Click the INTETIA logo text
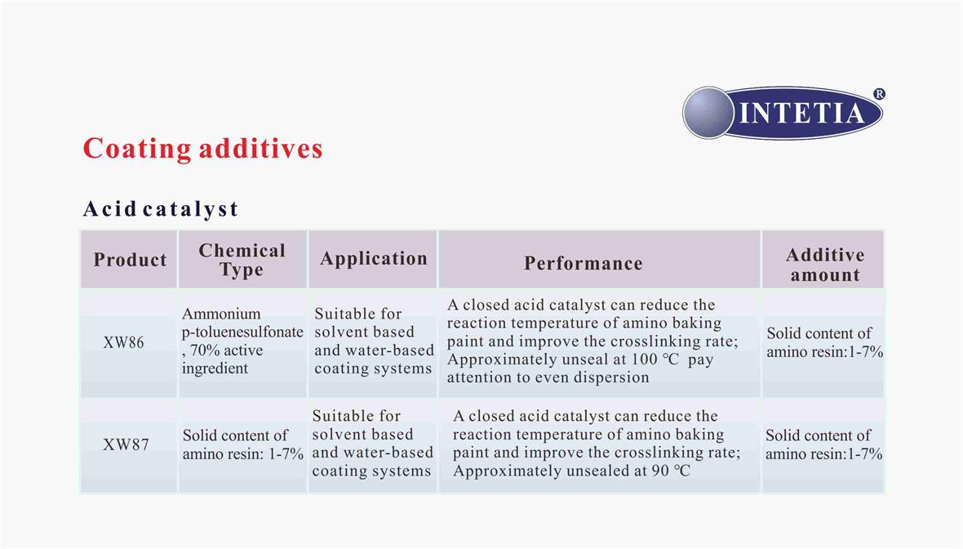pos(801,113)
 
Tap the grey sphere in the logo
pos(708,113)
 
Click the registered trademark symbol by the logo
pos(880,94)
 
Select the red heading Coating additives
pos(202,149)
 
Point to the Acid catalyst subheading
pos(160,209)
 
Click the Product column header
pos(131,260)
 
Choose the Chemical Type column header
pos(242,260)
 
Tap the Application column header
pos(374,259)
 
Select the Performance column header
pos(584,264)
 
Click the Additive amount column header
pos(825,265)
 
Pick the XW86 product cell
pos(123,342)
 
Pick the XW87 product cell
pos(126,444)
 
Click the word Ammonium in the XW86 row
pos(221,315)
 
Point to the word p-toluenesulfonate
pos(242,333)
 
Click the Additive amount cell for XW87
pos(823,445)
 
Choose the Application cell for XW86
pos(374,341)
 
